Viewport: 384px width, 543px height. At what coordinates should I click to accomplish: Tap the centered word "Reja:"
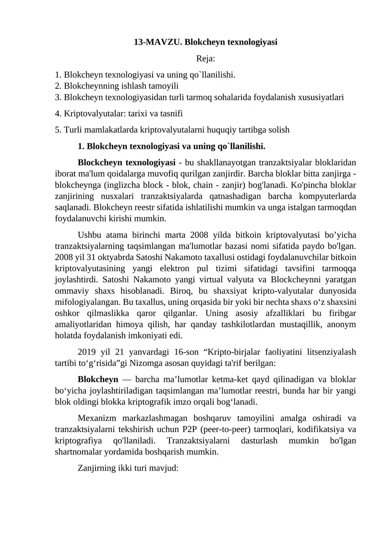tap(205, 59)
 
